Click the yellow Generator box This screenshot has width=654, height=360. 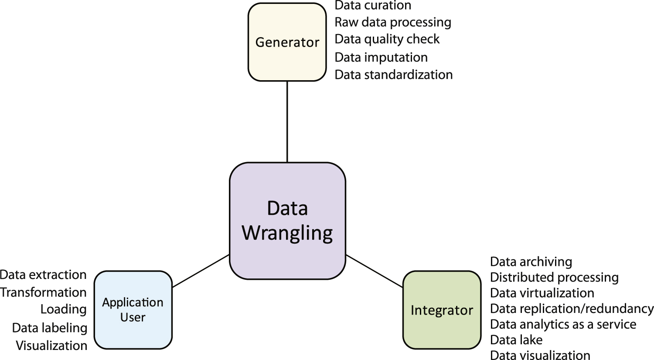[x=287, y=42]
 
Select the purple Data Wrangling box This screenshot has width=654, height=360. [x=287, y=221]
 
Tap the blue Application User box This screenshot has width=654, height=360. [x=133, y=310]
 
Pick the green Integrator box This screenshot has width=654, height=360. [x=442, y=310]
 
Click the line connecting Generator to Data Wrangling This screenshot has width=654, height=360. [x=287, y=122]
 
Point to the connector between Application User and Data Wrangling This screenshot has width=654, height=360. [x=201, y=271]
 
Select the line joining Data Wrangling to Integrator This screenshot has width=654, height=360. [x=374, y=271]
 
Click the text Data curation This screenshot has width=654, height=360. [x=373, y=6]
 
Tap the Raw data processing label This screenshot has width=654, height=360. [x=392, y=22]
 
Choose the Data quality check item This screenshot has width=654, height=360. [x=387, y=39]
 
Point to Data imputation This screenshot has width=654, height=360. [x=381, y=57]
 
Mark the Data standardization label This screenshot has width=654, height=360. [x=393, y=75]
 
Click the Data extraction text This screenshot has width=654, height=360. [x=43, y=275]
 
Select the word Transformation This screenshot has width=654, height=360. [x=43, y=292]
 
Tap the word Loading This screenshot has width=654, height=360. [x=63, y=309]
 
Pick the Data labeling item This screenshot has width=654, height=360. [x=50, y=328]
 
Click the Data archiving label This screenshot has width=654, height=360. [x=531, y=262]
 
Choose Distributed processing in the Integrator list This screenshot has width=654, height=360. [x=554, y=277]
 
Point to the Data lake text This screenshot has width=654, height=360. [x=516, y=340]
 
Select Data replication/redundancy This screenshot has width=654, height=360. [x=572, y=309]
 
